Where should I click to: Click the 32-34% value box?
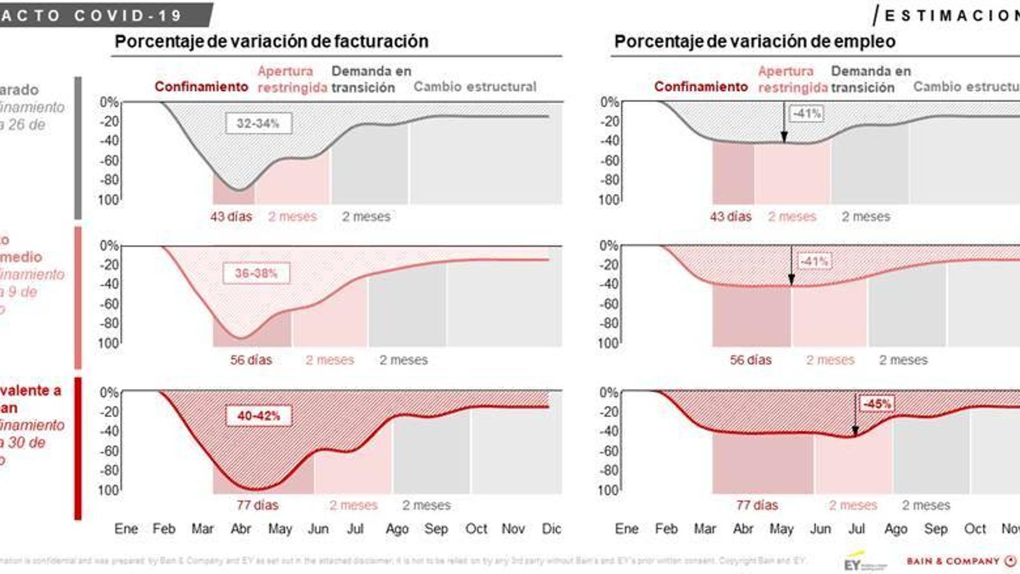tap(258, 123)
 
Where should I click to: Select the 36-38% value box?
tap(256, 274)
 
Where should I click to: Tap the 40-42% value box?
tap(259, 416)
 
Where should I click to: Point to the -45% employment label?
tap(877, 404)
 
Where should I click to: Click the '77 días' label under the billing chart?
tap(258, 505)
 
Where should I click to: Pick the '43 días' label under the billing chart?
tap(231, 217)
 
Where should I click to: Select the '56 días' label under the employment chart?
tap(750, 360)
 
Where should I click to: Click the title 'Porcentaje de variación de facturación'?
tap(272, 41)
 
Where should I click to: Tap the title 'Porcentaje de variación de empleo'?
tap(755, 41)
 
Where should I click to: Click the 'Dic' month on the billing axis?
tap(551, 529)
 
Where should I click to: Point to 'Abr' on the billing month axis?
tap(241, 529)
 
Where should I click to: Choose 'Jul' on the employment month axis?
tap(857, 529)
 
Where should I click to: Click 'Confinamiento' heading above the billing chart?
tap(201, 87)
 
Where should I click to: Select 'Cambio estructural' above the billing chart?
tap(475, 87)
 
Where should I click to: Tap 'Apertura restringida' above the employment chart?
tap(792, 80)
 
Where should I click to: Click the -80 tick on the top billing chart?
tap(110, 180)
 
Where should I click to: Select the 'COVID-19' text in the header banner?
tap(128, 15)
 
